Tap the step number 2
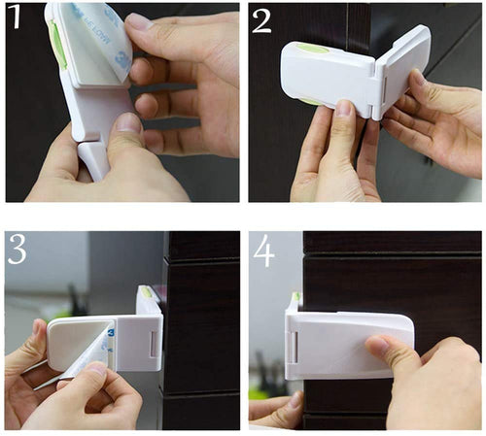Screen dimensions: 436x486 click(262, 20)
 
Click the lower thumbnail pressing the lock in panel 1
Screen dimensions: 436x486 click(127, 123)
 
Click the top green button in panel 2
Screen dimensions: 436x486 click(311, 46)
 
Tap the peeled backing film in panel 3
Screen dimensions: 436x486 click(68, 374)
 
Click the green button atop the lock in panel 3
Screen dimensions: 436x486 click(146, 291)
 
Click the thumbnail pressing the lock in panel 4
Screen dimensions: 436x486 click(375, 344)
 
